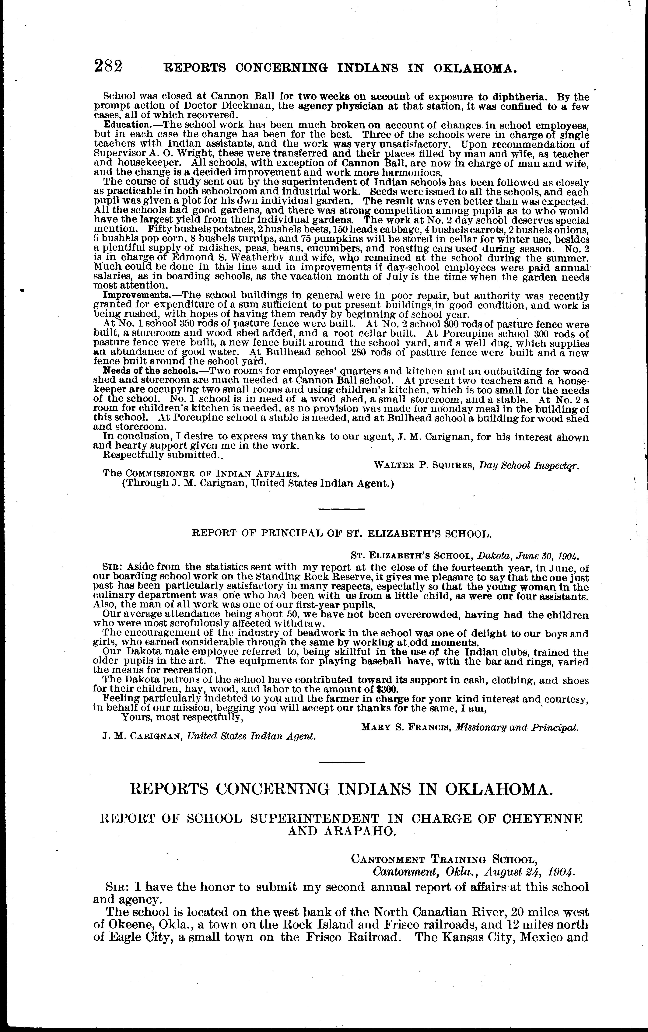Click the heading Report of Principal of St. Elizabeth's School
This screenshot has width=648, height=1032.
[x=340, y=534]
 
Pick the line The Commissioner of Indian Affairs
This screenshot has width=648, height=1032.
[x=201, y=474]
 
